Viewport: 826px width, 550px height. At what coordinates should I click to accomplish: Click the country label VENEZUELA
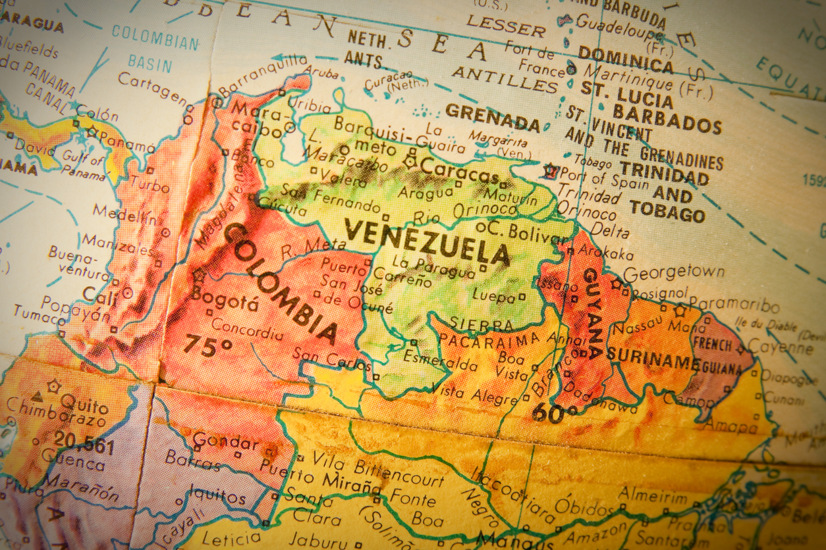point(427,241)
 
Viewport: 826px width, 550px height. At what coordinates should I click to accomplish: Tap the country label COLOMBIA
point(280,283)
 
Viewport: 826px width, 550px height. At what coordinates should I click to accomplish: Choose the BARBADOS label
point(667,118)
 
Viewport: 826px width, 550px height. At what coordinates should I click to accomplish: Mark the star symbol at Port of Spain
point(550,172)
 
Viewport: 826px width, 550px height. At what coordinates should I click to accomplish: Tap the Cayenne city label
point(788,348)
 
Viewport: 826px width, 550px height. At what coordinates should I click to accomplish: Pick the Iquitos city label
point(217,492)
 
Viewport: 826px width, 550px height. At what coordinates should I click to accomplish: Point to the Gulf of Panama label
point(83,166)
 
